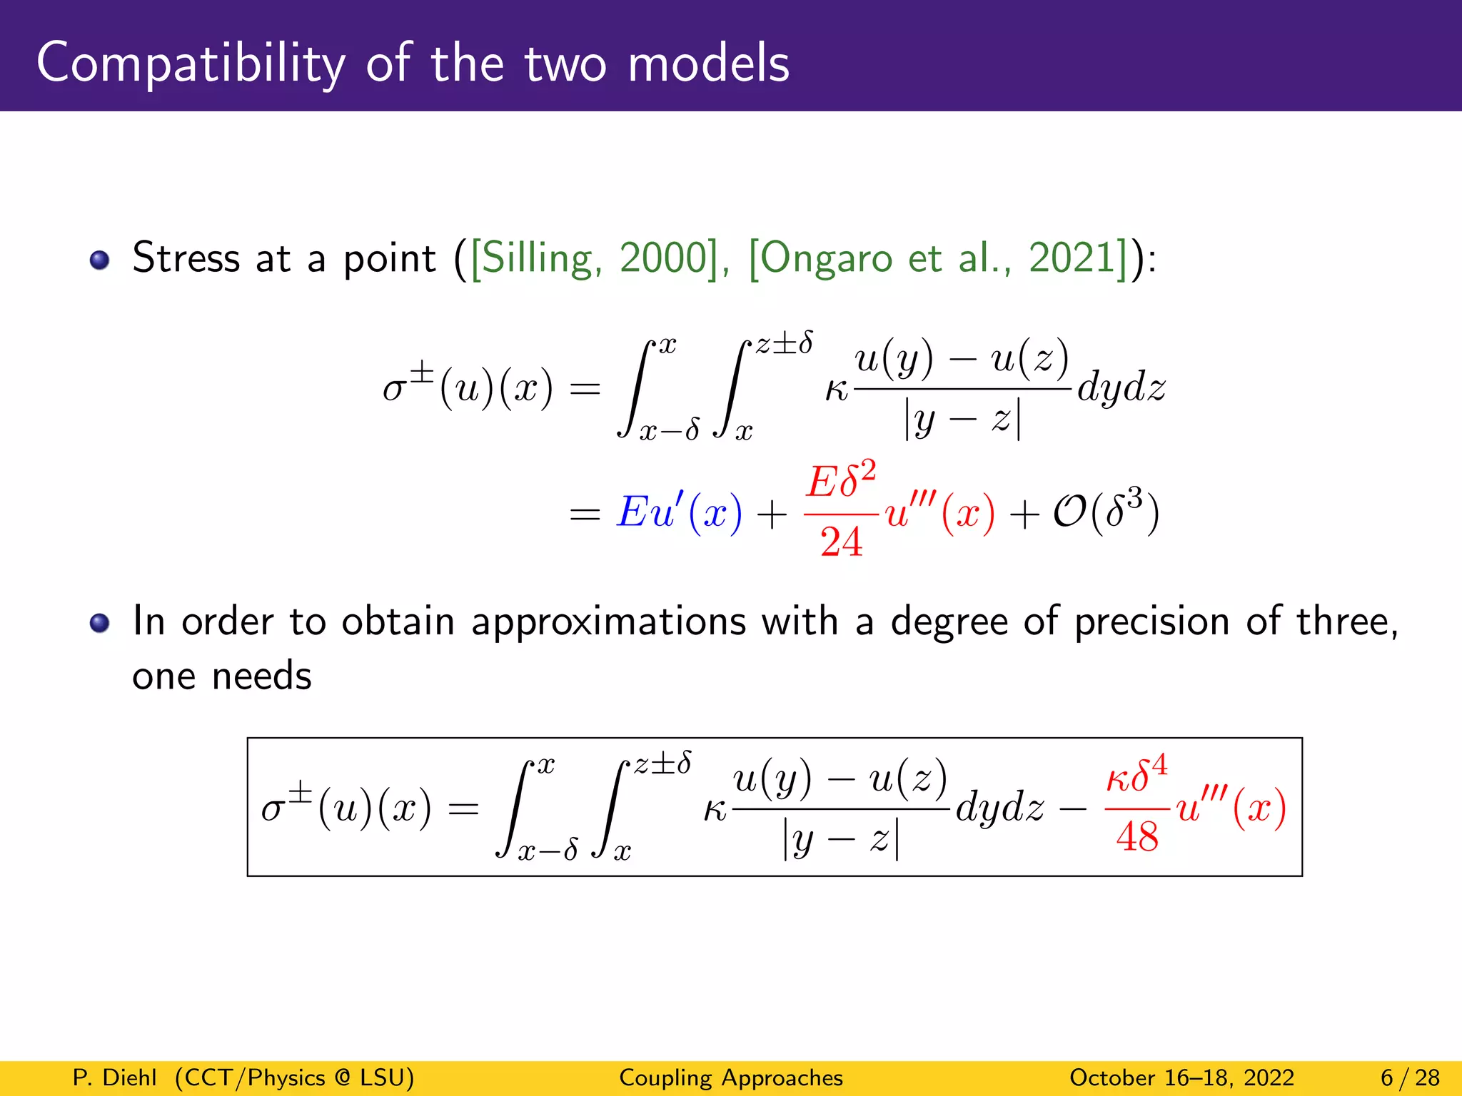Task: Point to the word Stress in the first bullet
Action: [x=186, y=258]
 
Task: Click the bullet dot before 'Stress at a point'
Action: [x=100, y=260]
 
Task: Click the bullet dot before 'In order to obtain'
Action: [x=100, y=623]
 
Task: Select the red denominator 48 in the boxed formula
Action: [x=1137, y=837]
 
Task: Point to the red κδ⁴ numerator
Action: [x=1136, y=776]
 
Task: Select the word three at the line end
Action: [x=1346, y=621]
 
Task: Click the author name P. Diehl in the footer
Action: [x=114, y=1077]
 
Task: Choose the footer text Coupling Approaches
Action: [x=731, y=1077]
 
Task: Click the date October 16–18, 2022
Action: [x=1181, y=1077]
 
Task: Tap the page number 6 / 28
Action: [x=1410, y=1077]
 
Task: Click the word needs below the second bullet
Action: [x=262, y=676]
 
